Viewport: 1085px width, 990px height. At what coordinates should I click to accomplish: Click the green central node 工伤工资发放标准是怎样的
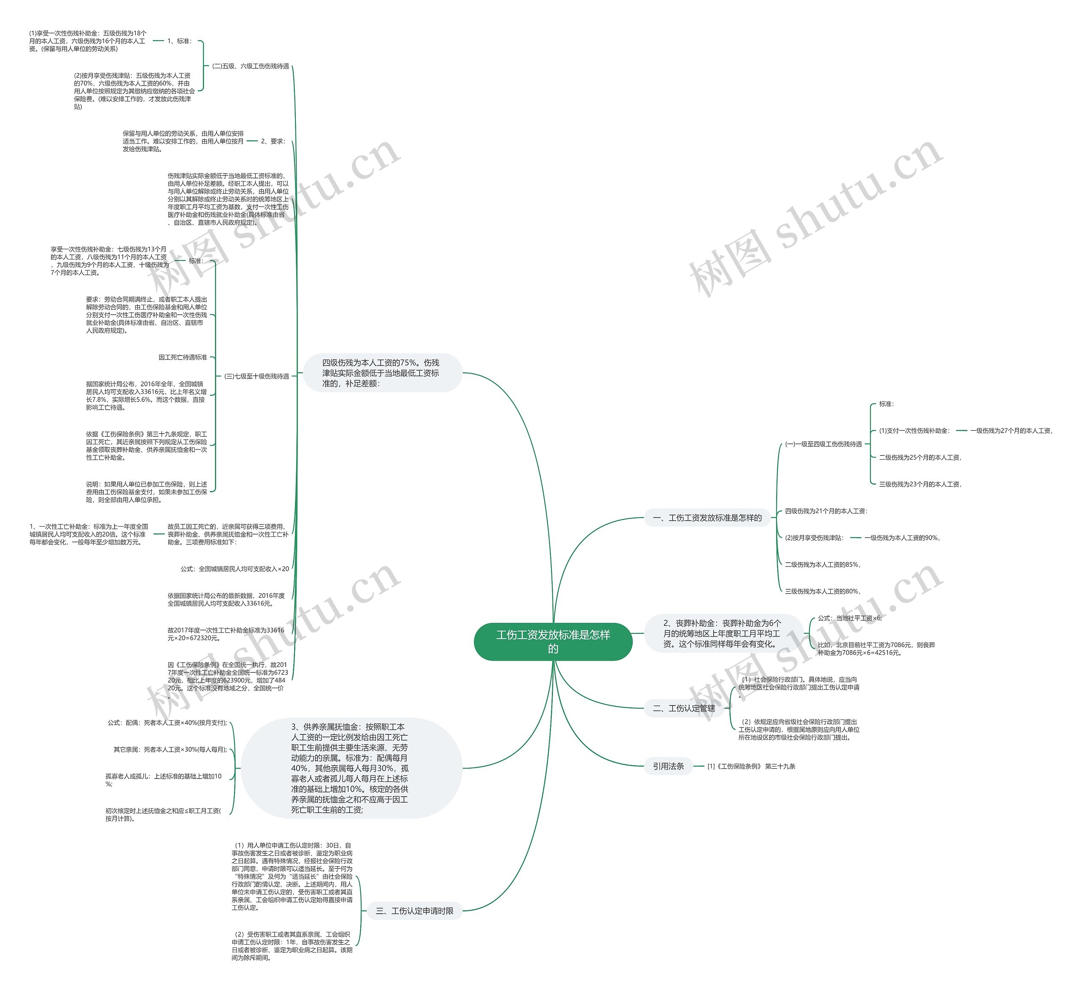(553, 641)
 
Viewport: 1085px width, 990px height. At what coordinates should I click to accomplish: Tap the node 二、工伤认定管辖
(684, 708)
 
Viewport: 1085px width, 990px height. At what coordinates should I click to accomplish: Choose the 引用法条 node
(668, 766)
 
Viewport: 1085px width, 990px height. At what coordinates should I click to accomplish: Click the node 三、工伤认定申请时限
(415, 911)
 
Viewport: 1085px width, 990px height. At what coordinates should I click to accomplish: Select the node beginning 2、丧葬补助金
(722, 633)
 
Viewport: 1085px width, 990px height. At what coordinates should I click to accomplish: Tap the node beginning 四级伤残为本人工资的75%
(381, 373)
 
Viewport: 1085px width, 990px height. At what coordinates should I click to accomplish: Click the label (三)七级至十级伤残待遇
(256, 376)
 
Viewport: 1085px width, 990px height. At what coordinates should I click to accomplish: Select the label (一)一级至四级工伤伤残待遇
(823, 444)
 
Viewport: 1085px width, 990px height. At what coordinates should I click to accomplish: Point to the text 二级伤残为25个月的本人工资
(920, 457)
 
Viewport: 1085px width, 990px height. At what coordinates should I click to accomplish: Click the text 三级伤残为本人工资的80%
(822, 591)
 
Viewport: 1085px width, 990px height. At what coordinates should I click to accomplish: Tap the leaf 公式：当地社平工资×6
(850, 618)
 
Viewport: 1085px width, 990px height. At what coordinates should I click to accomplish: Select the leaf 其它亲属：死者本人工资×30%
(170, 749)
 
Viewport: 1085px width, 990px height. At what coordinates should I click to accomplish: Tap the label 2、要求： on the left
(273, 141)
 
